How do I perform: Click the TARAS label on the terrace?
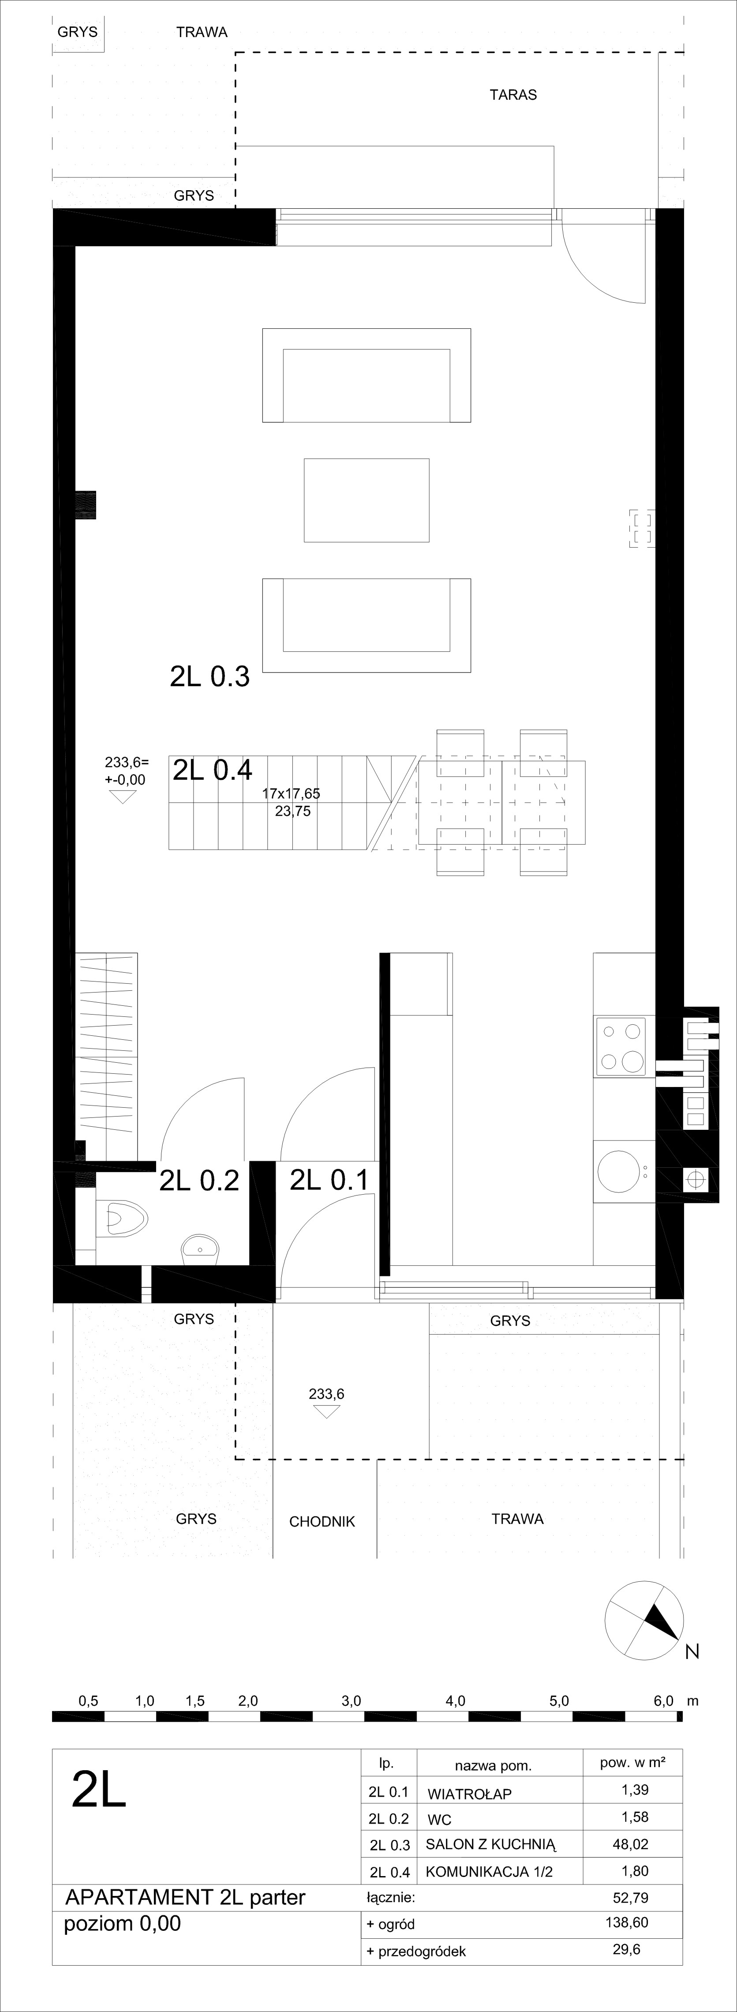(x=513, y=94)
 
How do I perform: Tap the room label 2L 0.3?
(x=209, y=677)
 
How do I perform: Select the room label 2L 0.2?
(x=198, y=1180)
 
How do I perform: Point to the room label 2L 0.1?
(x=329, y=1179)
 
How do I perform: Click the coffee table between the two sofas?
(x=366, y=500)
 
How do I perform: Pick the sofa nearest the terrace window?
(x=366, y=376)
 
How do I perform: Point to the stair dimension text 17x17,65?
(x=291, y=794)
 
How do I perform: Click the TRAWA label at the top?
(x=202, y=32)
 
